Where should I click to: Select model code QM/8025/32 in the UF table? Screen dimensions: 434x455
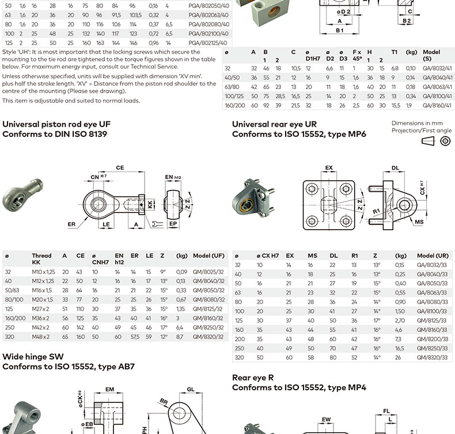[208, 272]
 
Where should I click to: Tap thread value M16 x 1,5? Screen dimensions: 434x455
[42, 290]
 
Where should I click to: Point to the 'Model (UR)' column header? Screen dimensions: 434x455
[433, 255]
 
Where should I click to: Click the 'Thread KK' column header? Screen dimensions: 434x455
[41, 259]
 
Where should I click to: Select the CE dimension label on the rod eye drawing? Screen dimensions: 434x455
[120, 167]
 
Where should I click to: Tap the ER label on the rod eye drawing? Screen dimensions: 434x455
[71, 224]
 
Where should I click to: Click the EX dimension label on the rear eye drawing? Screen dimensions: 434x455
[329, 169]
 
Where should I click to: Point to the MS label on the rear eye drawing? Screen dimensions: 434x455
[419, 221]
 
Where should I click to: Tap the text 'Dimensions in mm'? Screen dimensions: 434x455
[416, 123]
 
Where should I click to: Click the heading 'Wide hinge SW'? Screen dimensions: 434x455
[33, 356]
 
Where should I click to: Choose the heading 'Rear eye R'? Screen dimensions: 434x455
[253, 378]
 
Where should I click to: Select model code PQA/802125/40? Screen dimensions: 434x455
[208, 42]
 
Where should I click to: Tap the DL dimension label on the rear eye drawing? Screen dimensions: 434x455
[395, 169]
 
